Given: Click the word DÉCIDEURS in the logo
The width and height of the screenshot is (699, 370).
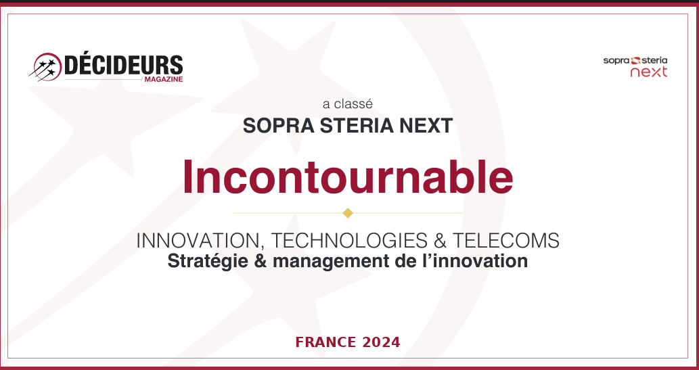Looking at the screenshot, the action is (123, 65).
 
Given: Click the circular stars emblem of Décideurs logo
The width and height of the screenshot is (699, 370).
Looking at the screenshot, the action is (47, 67).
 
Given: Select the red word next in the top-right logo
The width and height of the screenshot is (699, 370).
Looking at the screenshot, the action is (649, 72).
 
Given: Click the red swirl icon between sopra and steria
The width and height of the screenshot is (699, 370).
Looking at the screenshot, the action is (636, 60).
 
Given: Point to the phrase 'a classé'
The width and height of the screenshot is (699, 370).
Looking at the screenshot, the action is (348, 104).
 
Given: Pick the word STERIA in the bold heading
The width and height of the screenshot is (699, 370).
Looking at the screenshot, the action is (357, 126).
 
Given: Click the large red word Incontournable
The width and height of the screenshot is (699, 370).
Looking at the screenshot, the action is (348, 177).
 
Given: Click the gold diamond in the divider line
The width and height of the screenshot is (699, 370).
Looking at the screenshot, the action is (348, 213).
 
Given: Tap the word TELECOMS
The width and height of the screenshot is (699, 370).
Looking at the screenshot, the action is (506, 241).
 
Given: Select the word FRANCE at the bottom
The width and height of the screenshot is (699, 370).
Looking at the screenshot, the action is (326, 342).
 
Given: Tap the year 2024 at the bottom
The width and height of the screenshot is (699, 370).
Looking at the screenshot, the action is (381, 342).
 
